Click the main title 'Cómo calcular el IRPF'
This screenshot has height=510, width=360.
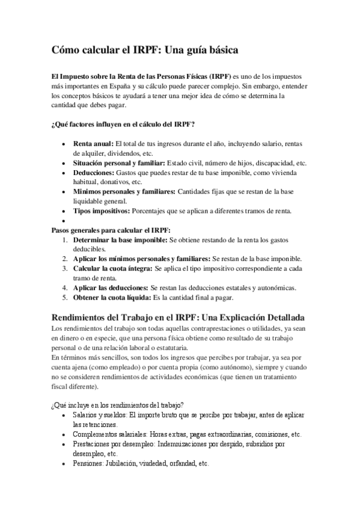point(145,51)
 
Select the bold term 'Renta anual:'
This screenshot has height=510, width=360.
point(93,144)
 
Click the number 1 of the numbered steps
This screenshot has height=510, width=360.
point(65,240)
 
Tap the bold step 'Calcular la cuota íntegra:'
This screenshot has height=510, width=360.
point(112,268)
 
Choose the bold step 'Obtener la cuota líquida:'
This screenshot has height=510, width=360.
point(112,297)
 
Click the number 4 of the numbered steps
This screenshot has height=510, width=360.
point(65,287)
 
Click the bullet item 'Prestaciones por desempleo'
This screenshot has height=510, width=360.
point(114,444)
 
